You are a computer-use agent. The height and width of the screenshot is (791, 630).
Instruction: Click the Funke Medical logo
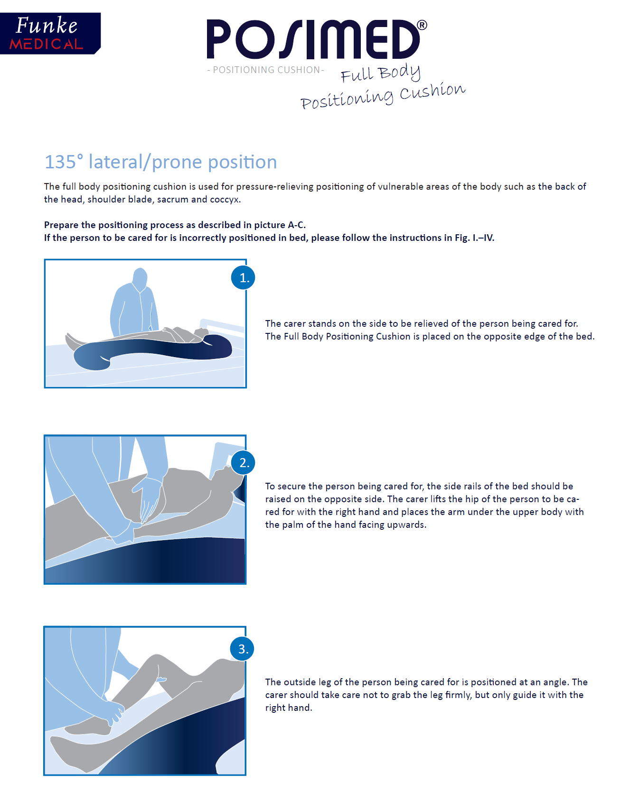(x=49, y=33)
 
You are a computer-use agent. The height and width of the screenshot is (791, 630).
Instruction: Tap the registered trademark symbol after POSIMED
(x=422, y=25)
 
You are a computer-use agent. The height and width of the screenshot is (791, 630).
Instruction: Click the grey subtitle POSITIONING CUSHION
(x=266, y=70)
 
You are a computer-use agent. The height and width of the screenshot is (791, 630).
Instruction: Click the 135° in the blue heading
(x=64, y=162)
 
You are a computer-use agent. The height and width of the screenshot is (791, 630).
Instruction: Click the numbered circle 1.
(x=243, y=278)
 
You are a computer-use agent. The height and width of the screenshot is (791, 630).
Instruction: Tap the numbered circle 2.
(x=243, y=463)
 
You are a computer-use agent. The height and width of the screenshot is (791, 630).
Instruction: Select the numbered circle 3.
(x=243, y=649)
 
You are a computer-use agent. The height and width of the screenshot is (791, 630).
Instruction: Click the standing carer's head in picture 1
(x=140, y=279)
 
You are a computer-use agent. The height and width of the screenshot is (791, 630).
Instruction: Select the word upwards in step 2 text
(x=408, y=525)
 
